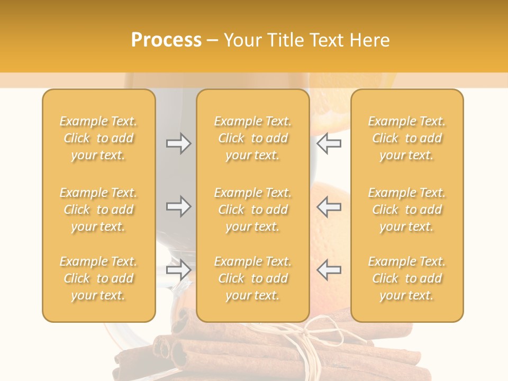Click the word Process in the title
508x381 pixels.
tap(166, 40)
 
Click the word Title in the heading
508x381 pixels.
tap(284, 40)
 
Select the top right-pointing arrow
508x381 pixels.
tap(178, 143)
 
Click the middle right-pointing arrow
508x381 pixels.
tap(178, 206)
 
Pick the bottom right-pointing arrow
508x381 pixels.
tap(178, 270)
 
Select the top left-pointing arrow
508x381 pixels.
tap(329, 143)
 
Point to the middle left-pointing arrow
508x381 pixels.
tap(329, 206)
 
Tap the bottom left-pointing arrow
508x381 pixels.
tap(329, 270)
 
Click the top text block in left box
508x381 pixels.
tap(98, 138)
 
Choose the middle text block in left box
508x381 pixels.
tap(98, 210)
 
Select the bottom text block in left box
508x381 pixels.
tap(98, 278)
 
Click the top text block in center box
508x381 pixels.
tap(252, 138)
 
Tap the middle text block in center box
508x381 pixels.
tap(252, 210)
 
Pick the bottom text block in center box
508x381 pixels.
tap(252, 278)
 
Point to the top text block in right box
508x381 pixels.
tap(406, 138)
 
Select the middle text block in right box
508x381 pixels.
tap(406, 210)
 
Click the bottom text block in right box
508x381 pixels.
tap(406, 278)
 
